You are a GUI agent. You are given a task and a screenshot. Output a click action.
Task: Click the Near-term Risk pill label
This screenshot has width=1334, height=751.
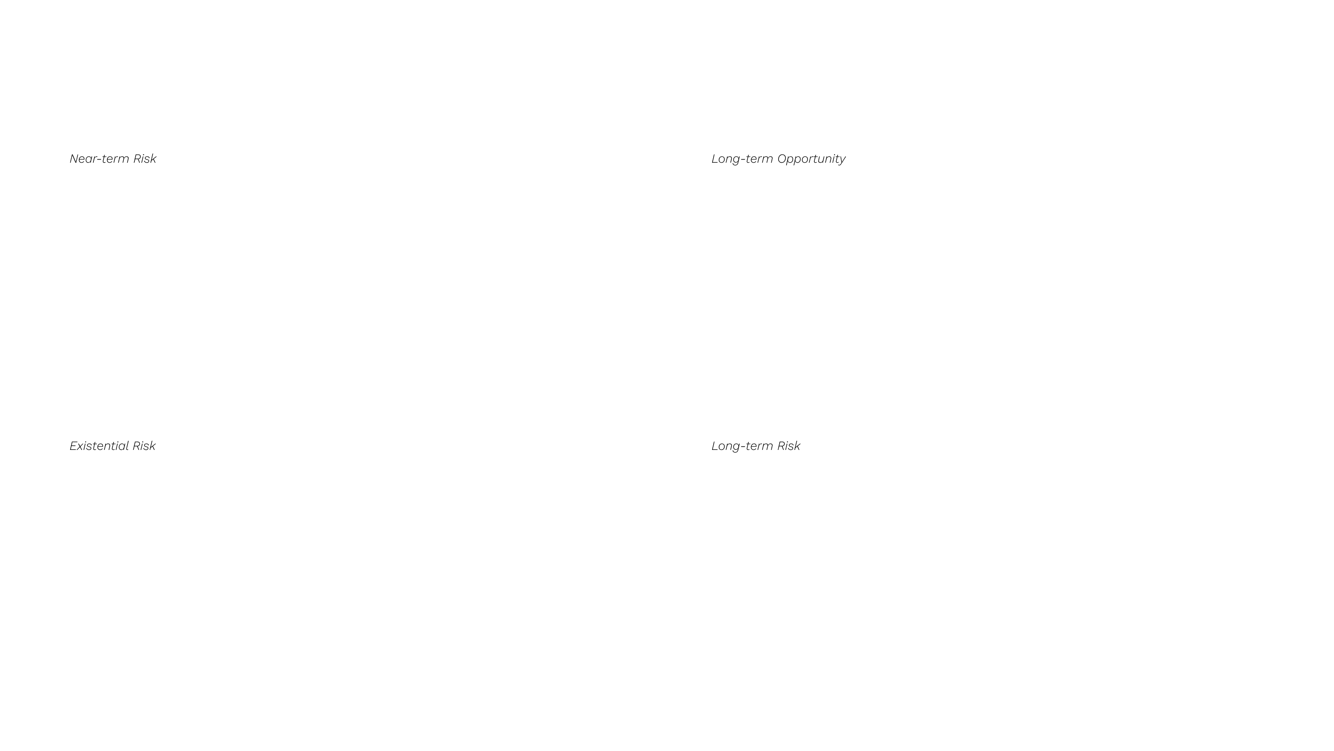113,159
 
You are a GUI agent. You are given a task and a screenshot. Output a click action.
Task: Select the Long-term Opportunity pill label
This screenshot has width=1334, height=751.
778,159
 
